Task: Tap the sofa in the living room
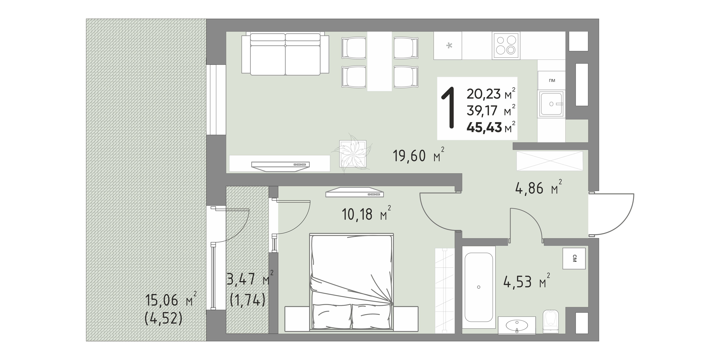285,54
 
